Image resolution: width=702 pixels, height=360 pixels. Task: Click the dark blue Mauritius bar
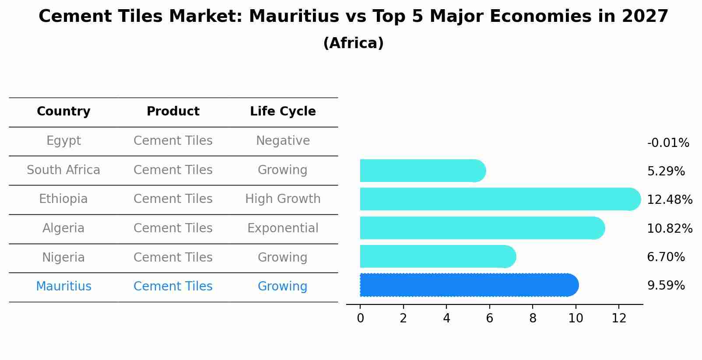[x=468, y=285]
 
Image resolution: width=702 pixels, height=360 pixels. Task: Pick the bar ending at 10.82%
[x=481, y=228]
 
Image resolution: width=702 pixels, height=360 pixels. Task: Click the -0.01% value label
[x=668, y=143]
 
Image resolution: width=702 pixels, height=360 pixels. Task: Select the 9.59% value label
[x=666, y=286]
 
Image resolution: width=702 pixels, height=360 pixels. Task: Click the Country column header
[x=63, y=112]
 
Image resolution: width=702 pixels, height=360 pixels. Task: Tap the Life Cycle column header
[x=283, y=112]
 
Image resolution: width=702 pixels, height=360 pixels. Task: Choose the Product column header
[x=173, y=112]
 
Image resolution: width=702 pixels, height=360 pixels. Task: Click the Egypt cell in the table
[x=63, y=141]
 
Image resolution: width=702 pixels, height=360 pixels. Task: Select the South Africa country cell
[x=63, y=170]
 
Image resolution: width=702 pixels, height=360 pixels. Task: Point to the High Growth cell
[x=283, y=199]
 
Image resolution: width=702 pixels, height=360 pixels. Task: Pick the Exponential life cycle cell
[x=283, y=228]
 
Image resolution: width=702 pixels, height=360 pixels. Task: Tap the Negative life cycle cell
[x=283, y=141]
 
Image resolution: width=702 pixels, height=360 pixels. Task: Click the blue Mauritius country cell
[x=63, y=287]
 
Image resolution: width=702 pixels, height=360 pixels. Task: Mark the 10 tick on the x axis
[x=576, y=318]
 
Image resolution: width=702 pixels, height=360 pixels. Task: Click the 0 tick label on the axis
[x=360, y=318]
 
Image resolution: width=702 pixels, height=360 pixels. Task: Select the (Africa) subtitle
[x=353, y=43]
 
